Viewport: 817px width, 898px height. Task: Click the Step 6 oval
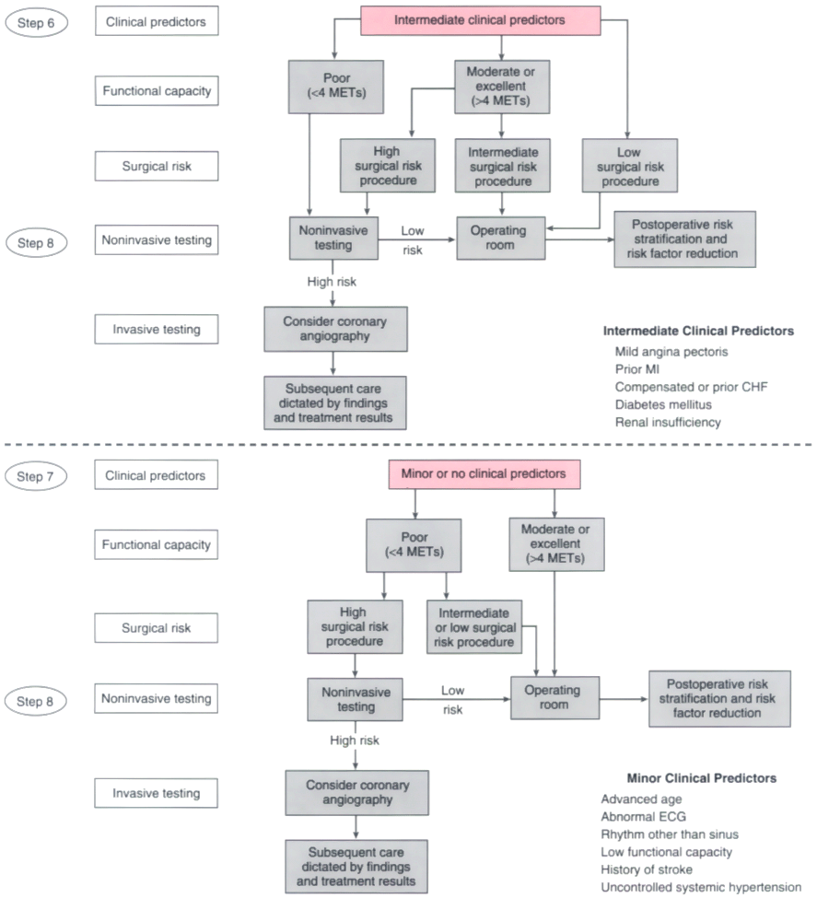36,23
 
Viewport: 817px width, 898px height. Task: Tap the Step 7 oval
36,476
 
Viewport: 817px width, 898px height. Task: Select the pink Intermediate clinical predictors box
480,20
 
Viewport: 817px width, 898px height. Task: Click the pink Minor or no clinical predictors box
484,474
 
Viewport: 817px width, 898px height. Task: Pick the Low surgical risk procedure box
630,166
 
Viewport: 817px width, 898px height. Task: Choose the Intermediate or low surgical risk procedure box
474,627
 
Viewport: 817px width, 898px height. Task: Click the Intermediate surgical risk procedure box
503,166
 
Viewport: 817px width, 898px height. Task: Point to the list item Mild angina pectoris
671,352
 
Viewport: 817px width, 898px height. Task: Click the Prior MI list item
637,369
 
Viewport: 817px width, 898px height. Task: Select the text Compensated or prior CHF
691,387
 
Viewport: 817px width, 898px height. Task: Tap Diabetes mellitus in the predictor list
663,405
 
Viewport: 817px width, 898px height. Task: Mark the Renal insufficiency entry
668,423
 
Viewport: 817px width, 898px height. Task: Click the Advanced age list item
641,799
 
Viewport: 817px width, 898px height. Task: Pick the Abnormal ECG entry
643,817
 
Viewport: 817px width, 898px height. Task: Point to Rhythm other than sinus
670,834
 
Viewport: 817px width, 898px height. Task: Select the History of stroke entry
647,870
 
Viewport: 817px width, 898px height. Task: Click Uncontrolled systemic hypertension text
701,888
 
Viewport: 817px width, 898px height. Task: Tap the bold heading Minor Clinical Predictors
702,778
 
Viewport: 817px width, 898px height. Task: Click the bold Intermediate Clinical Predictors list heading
698,331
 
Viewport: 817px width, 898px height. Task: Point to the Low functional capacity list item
666,852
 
